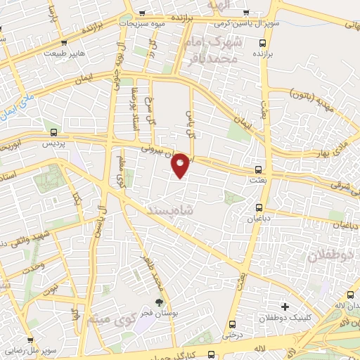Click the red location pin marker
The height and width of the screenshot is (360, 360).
click(181, 165)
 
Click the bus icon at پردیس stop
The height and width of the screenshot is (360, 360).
click(53, 131)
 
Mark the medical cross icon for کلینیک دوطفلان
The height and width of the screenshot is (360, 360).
click(285, 307)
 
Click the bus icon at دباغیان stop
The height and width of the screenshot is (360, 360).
click(259, 207)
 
